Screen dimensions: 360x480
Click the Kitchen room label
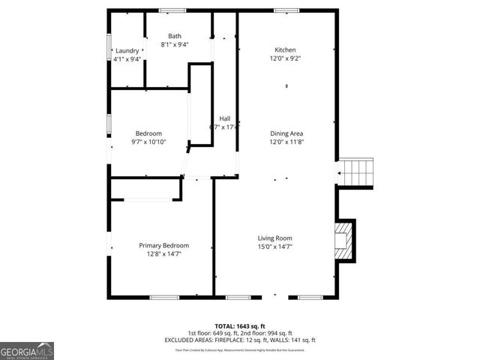coord(284,49)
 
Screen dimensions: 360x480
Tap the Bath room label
coord(174,36)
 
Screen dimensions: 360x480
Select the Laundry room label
coord(127,51)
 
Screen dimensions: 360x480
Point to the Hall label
coord(224,118)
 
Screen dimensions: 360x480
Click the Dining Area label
coord(286,133)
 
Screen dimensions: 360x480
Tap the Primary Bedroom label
coord(163,245)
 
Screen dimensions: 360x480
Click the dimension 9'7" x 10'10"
coord(148,142)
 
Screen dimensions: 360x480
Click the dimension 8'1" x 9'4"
coord(174,44)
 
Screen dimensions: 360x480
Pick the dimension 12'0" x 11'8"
coord(286,141)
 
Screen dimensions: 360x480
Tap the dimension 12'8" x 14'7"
coord(163,253)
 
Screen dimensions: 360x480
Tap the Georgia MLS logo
coord(27,350)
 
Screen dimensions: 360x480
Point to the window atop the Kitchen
coord(284,10)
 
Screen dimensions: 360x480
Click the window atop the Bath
coord(173,10)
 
